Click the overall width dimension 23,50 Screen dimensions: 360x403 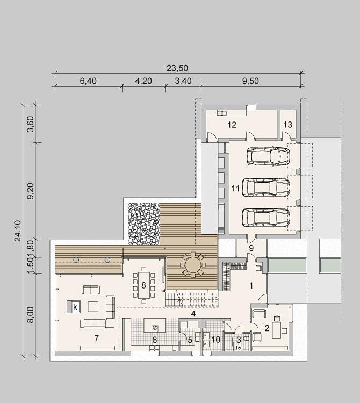click(177, 68)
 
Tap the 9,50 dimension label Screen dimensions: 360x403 click(250, 81)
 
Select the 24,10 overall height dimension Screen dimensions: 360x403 click(18, 231)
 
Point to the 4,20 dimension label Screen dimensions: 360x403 click(143, 81)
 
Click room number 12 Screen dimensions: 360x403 click(232, 125)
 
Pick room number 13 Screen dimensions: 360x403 click(288, 125)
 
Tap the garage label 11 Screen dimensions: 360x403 click(236, 189)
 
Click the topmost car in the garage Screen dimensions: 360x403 click(268, 156)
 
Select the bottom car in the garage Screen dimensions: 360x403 click(266, 218)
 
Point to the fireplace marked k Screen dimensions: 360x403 click(74, 307)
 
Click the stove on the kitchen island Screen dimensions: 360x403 click(155, 328)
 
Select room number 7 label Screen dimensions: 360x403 click(96, 338)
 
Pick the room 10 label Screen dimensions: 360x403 click(216, 340)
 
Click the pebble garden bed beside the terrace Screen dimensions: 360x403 click(144, 224)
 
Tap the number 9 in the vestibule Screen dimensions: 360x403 click(251, 248)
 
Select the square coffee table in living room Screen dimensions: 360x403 click(93, 306)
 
